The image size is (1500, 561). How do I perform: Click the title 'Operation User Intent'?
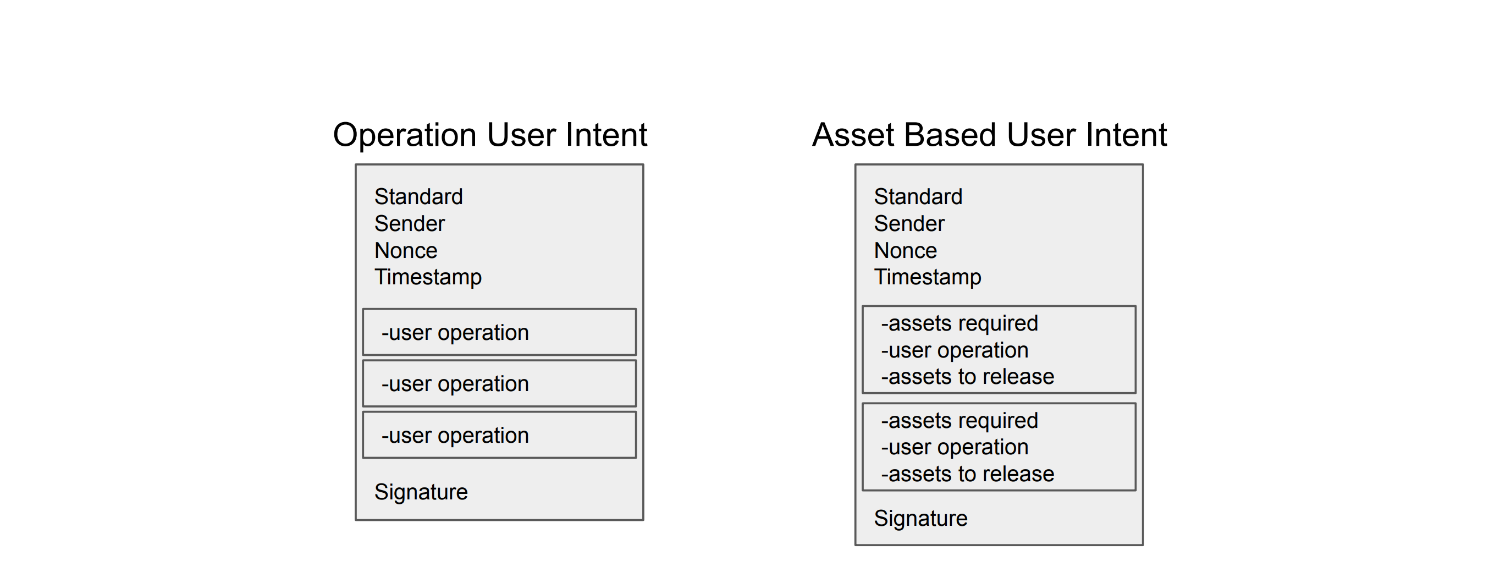point(490,135)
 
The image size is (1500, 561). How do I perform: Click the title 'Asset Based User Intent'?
point(989,135)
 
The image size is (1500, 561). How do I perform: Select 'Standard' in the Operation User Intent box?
point(418,196)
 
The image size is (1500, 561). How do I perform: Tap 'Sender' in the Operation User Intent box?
point(409,223)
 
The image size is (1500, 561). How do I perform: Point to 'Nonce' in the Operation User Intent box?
point(406,250)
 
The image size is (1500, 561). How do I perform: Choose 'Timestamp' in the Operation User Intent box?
point(428,277)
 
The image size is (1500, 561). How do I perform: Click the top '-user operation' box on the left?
point(499,332)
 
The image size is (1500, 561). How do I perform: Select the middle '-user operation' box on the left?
point(499,383)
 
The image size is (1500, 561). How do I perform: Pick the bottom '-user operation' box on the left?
point(499,435)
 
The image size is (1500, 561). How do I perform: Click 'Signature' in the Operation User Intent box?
point(421,492)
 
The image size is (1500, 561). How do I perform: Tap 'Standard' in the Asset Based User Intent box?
point(918,196)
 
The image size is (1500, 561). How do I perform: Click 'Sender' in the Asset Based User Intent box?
point(909,223)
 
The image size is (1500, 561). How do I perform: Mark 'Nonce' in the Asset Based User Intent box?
point(906,250)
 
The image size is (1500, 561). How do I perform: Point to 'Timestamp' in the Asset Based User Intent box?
point(928,277)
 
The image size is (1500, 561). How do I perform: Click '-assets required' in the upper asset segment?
point(959,323)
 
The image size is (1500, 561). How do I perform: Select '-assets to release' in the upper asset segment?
point(967,376)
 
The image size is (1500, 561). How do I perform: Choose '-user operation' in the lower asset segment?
point(955,447)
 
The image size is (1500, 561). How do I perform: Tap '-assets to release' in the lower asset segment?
point(967,474)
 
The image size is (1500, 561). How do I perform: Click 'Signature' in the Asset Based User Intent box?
point(920,518)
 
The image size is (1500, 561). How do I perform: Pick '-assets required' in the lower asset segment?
point(959,420)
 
